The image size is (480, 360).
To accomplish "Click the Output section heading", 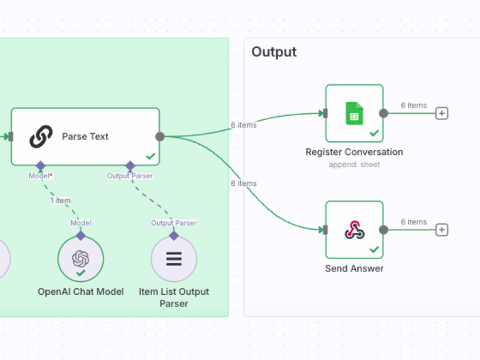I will pyautogui.click(x=274, y=52).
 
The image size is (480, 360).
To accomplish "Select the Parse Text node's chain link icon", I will pyautogui.click(x=41, y=136).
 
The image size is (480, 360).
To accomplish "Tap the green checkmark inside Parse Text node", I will pyautogui.click(x=150, y=157).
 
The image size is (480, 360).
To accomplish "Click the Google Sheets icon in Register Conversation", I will pyautogui.click(x=354, y=112).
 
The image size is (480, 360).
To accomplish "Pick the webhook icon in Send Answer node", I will pyautogui.click(x=354, y=230).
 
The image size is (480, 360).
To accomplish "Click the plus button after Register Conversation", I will pyautogui.click(x=442, y=113).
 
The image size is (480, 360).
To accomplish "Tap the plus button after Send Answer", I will pyautogui.click(x=442, y=230).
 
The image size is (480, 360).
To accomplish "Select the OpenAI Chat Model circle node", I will pyautogui.click(x=81, y=260).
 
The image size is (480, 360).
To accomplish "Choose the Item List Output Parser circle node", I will pyautogui.click(x=173, y=260).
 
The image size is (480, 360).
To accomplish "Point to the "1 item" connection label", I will pyautogui.click(x=60, y=200).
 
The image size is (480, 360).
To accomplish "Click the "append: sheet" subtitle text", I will pyautogui.click(x=354, y=165).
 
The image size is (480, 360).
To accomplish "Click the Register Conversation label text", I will pyautogui.click(x=354, y=152).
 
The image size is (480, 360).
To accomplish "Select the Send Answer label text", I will pyautogui.click(x=354, y=269).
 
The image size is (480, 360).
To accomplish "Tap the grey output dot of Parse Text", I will pyautogui.click(x=160, y=136).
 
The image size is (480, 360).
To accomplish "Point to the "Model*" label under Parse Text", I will pyautogui.click(x=40, y=176).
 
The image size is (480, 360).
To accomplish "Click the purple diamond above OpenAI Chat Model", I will pyautogui.click(x=81, y=235).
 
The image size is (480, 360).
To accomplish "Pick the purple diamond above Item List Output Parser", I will pyautogui.click(x=173, y=235).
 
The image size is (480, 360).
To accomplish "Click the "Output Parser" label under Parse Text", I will pyautogui.click(x=130, y=176).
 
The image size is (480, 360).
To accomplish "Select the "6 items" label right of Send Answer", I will pyautogui.click(x=413, y=221).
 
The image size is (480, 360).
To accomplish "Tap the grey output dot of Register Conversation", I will pyautogui.click(x=383, y=113).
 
